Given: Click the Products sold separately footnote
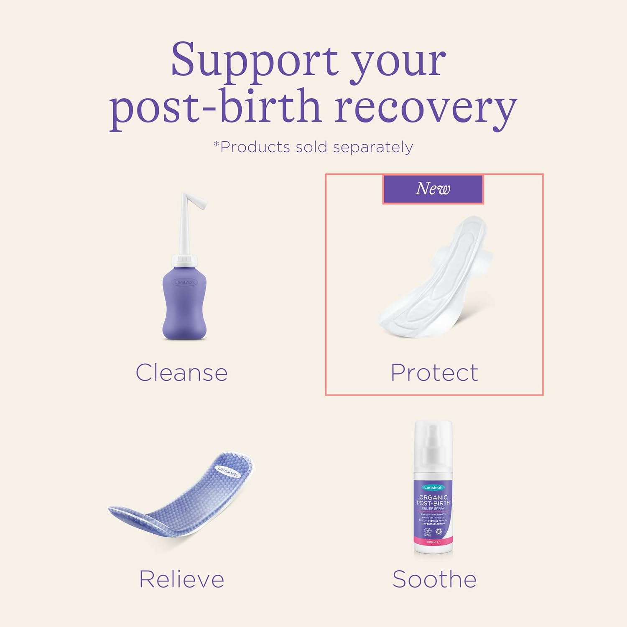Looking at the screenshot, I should click(x=313, y=147).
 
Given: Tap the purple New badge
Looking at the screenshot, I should click(x=433, y=189).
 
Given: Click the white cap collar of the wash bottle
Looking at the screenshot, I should click(x=184, y=260).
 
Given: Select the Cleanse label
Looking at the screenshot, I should click(x=182, y=372).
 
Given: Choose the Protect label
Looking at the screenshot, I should click(x=434, y=372).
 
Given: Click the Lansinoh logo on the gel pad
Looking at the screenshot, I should click(x=228, y=472).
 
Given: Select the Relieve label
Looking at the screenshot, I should click(x=182, y=579).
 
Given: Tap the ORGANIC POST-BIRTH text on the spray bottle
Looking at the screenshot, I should click(x=433, y=500).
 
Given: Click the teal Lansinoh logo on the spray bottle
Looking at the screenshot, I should click(x=433, y=487).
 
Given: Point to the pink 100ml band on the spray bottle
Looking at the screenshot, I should click(x=433, y=542).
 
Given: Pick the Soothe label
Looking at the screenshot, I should click(x=434, y=579).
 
